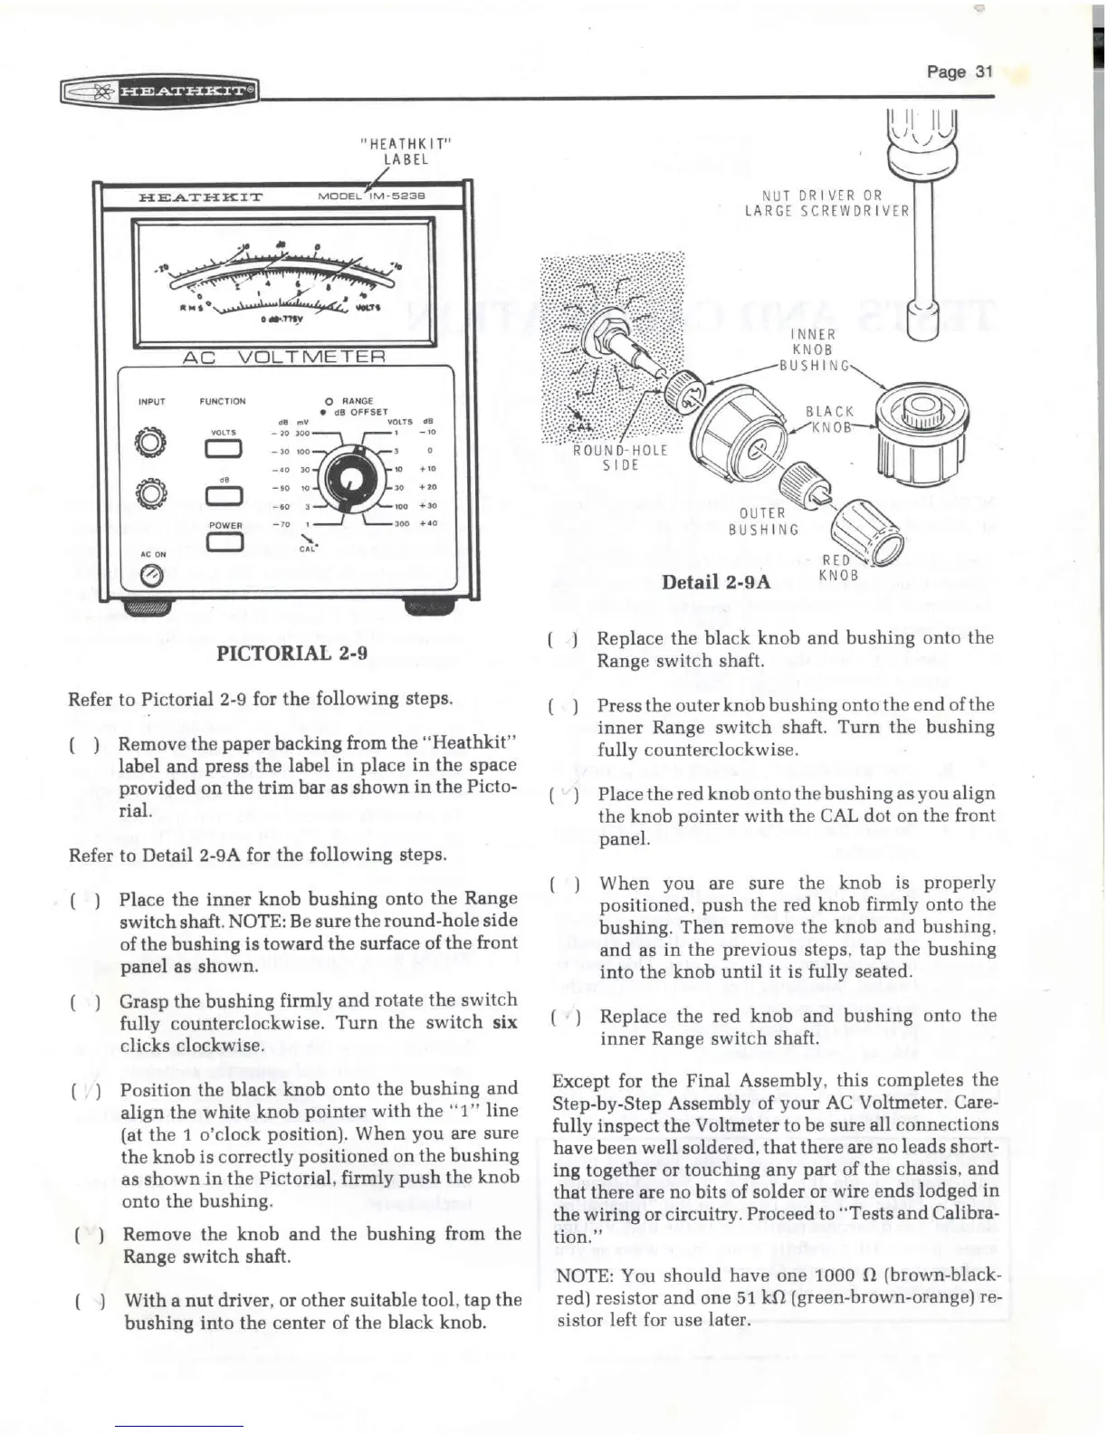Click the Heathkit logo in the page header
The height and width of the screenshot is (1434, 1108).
click(159, 91)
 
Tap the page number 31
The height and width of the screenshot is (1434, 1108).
click(960, 72)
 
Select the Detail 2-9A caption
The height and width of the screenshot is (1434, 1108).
click(716, 581)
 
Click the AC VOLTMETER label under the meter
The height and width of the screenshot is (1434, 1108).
click(284, 358)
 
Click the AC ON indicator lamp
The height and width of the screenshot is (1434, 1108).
click(152, 574)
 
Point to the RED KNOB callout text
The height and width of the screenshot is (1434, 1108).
click(837, 568)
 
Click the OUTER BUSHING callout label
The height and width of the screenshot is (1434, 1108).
click(765, 521)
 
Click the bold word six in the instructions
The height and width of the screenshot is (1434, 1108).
click(503, 1022)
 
